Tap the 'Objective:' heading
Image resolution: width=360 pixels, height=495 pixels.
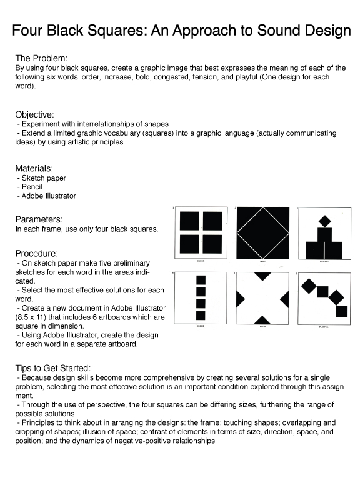coord(35,114)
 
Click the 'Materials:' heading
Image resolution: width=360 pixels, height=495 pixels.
coord(34,168)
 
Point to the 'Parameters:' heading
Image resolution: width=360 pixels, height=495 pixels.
coord(39,219)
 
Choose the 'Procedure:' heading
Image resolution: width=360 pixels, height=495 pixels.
coord(37,254)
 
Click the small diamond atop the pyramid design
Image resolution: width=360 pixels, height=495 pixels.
coord(324,220)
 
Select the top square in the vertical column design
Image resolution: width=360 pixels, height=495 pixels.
coord(201,280)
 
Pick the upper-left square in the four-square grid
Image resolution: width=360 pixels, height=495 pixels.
coord(189,221)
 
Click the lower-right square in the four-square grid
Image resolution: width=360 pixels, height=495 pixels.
coord(212,244)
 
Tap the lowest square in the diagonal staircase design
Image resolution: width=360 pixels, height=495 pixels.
coord(342,311)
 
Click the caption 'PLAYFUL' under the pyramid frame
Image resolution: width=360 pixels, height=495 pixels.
coord(324,262)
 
